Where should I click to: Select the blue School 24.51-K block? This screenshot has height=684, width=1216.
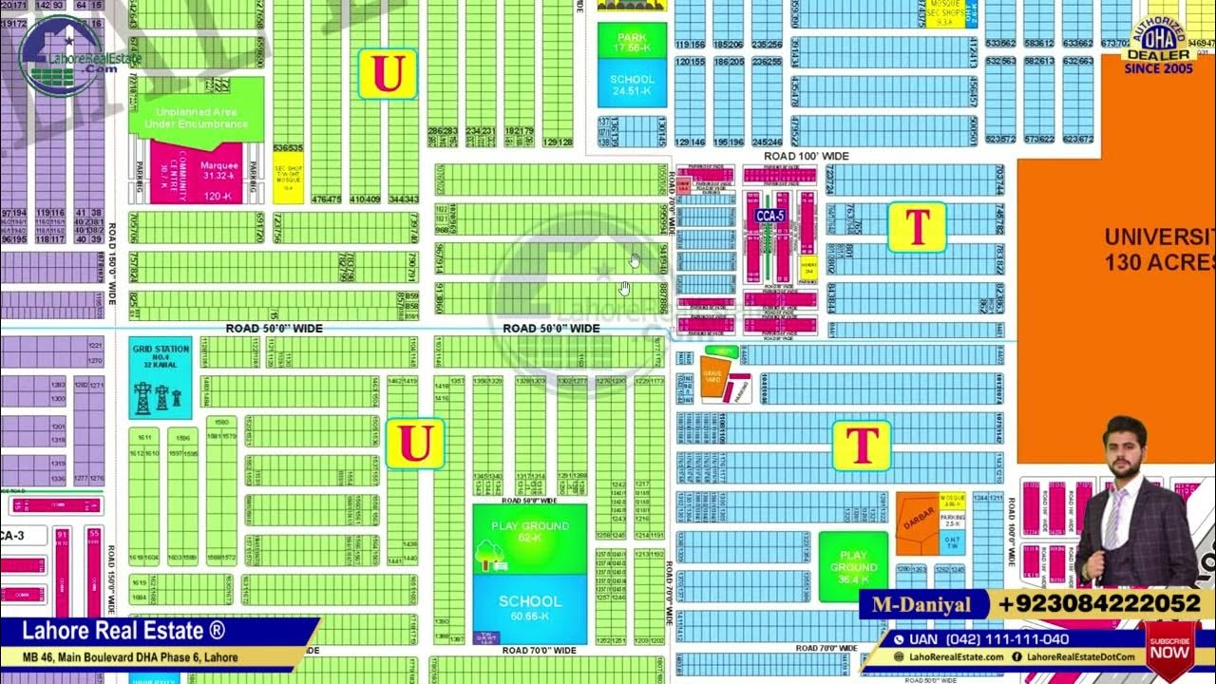pyautogui.click(x=632, y=84)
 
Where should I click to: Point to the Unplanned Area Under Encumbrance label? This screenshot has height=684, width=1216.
pyautogui.click(x=196, y=117)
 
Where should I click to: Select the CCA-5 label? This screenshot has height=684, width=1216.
pyautogui.click(x=769, y=216)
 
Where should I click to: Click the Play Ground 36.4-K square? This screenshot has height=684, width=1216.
pyautogui.click(x=853, y=566)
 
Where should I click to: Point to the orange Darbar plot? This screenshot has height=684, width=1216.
pyautogui.click(x=917, y=518)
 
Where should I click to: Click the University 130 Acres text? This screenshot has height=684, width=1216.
pyautogui.click(x=1159, y=249)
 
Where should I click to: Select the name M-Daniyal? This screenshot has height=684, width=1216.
pyautogui.click(x=922, y=604)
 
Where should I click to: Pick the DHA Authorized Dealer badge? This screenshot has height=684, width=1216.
pyautogui.click(x=1158, y=43)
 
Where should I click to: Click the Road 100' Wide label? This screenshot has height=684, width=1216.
pyautogui.click(x=807, y=156)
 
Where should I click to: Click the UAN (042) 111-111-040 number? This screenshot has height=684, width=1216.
pyautogui.click(x=988, y=639)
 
